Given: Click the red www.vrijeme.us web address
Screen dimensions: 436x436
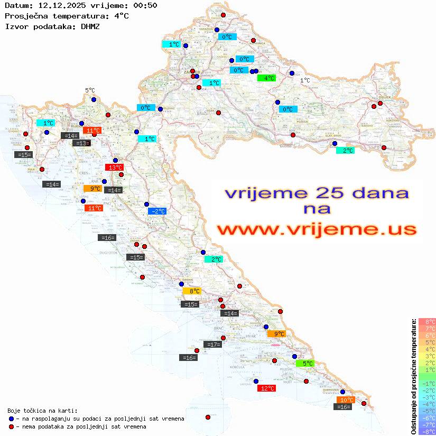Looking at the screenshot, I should click(x=317, y=230).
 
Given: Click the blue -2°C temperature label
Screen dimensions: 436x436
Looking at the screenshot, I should click(x=157, y=211).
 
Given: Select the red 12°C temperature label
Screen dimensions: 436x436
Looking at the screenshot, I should click(x=266, y=388).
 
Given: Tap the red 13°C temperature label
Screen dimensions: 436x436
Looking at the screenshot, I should click(x=114, y=168).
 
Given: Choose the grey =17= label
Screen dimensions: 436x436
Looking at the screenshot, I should click(x=212, y=345).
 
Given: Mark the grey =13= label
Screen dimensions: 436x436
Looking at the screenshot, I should click(x=81, y=143).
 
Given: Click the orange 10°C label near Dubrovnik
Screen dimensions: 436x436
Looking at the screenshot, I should click(x=345, y=400).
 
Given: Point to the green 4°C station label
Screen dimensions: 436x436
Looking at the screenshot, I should click(x=266, y=78).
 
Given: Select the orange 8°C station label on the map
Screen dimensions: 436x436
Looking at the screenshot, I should click(x=192, y=291).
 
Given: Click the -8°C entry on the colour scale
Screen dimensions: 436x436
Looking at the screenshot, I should click(x=426, y=431).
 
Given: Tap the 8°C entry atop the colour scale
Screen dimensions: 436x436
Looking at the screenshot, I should click(x=426, y=321).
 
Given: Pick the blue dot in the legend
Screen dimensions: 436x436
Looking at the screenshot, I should click(x=11, y=419).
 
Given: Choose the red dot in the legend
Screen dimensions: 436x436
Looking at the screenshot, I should click(x=11, y=426).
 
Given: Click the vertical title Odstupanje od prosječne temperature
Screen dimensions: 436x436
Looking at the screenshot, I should click(x=413, y=376).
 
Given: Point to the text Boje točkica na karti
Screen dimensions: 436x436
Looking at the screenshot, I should click(x=42, y=411).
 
